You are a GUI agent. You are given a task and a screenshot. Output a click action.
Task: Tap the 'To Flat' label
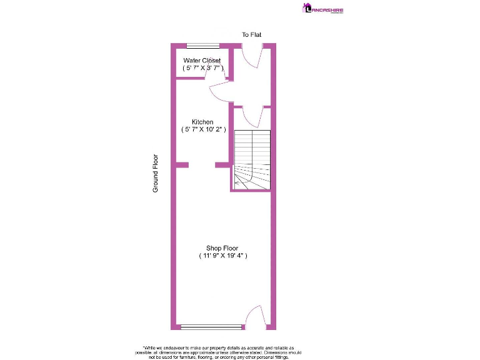click(x=252, y=34)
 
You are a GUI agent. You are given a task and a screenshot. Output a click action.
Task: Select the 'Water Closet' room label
click(x=202, y=61)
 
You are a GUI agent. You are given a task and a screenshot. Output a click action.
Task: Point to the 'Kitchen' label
click(x=202, y=122)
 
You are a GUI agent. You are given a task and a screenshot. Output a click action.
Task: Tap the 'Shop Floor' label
click(x=222, y=248)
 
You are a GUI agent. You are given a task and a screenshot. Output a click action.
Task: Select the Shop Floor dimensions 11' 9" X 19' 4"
click(x=223, y=256)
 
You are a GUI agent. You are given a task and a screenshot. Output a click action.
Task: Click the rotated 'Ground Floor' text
click(x=156, y=173)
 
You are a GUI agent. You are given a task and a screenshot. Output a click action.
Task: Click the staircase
click(x=252, y=159)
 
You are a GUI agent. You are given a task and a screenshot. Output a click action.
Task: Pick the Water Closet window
click(x=203, y=45)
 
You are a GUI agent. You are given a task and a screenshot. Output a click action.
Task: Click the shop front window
click(x=211, y=326)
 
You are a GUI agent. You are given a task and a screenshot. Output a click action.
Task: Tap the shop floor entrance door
click(x=254, y=316)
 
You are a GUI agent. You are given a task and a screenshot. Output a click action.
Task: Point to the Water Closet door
click(x=216, y=71)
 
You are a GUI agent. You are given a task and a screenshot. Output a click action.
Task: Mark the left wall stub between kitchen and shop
click(x=181, y=164)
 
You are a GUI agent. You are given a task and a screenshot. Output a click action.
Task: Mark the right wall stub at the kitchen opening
click(x=222, y=164)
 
